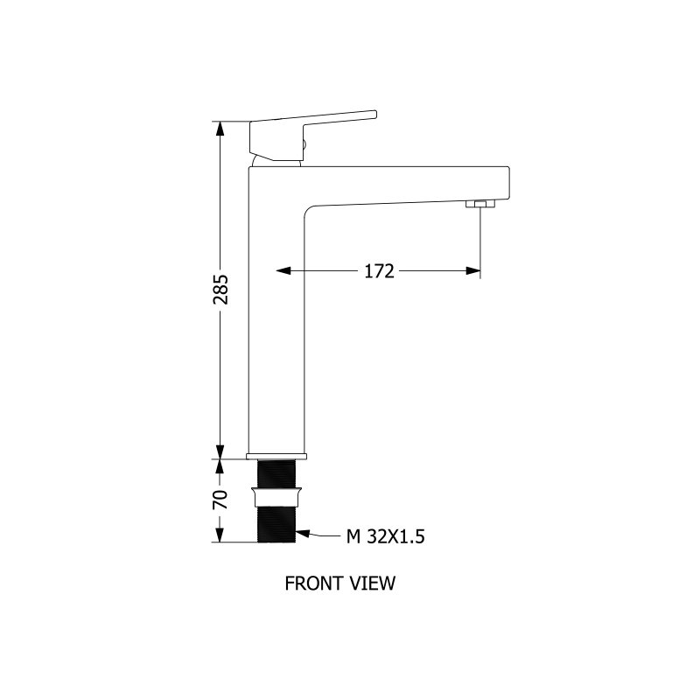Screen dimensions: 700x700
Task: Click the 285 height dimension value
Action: [x=220, y=290]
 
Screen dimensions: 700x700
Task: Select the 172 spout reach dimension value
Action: [x=379, y=271]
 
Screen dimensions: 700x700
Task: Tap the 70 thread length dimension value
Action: [x=220, y=500]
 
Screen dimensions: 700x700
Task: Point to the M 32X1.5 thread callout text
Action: [x=385, y=536]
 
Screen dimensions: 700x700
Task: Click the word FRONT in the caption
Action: [x=309, y=584]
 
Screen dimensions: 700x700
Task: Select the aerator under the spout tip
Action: [x=480, y=204]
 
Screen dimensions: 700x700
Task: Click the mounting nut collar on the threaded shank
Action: [x=276, y=497]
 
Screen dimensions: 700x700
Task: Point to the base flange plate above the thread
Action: [x=276, y=456]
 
